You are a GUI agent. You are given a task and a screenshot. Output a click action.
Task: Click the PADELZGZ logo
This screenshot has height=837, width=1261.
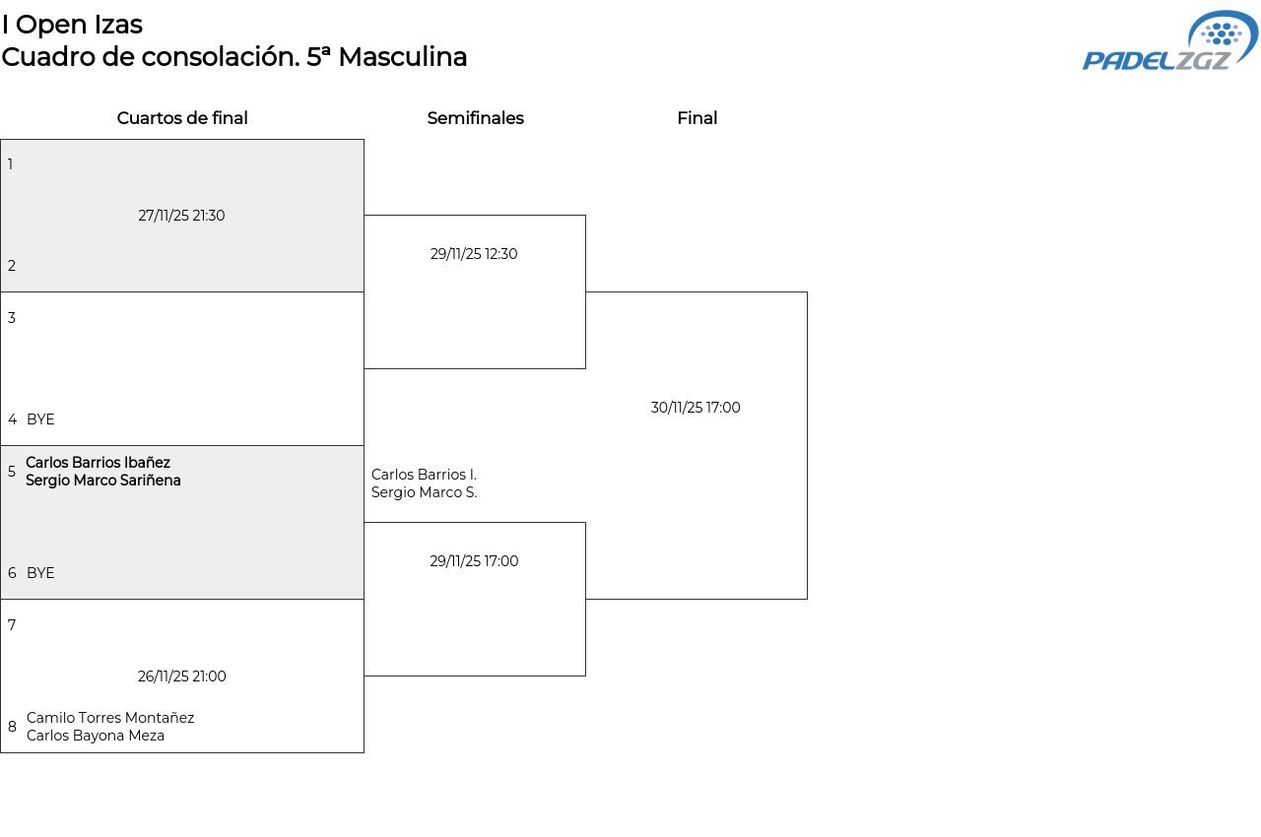[1169, 41]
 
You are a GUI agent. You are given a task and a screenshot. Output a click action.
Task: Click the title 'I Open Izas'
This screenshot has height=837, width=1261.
[72, 25]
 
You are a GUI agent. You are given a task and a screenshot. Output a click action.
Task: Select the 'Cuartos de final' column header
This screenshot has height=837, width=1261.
[182, 118]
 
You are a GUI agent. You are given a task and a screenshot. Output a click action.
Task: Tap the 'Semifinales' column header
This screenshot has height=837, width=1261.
[475, 118]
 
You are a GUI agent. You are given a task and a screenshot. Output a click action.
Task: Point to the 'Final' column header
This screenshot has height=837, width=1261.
[697, 118]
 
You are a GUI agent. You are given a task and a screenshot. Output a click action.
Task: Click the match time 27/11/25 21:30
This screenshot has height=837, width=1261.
[181, 216]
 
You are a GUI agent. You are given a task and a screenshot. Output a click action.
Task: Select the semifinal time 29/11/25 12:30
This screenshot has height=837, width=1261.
[474, 254]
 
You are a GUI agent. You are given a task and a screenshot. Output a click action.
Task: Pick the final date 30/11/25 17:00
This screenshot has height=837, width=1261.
[696, 408]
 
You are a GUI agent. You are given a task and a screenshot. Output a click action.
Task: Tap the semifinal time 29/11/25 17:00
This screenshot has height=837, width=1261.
[474, 561]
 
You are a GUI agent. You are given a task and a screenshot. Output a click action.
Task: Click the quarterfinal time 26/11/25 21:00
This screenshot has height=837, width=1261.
[182, 676]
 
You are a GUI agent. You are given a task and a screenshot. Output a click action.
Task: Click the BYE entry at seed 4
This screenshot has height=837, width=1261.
[40, 419]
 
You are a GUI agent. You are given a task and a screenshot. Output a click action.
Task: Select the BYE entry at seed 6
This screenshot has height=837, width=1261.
[40, 573]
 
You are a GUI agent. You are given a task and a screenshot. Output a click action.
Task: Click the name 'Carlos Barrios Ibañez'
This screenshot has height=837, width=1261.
[98, 463]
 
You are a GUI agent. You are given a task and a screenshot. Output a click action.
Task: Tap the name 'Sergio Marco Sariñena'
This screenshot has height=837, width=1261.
[103, 481]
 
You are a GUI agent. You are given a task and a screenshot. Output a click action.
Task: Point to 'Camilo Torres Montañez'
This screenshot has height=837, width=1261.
[110, 718]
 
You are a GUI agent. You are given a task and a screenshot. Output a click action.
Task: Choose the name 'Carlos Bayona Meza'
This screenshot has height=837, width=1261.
[96, 736]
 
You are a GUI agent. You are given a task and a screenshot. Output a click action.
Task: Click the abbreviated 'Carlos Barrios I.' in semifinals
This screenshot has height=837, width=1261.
[424, 475]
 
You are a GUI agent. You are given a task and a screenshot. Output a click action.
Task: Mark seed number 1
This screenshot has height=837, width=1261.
[11, 164]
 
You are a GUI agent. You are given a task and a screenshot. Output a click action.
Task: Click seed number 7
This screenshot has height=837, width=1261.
[12, 625]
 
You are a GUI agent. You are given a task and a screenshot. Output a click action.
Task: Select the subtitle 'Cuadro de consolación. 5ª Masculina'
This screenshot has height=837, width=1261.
[234, 57]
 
